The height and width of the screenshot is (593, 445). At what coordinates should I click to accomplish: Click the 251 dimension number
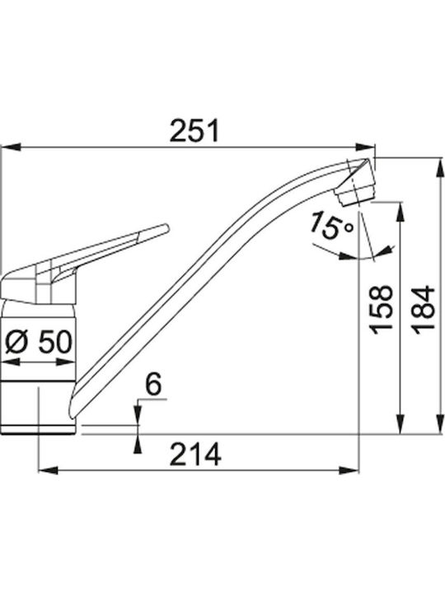pyautogui.click(x=194, y=130)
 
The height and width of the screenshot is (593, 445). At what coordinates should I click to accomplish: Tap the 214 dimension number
pyautogui.click(x=195, y=454)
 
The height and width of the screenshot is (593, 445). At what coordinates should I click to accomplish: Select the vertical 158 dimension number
pyautogui.click(x=382, y=310)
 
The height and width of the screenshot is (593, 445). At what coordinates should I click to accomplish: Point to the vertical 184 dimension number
pyautogui.click(x=424, y=310)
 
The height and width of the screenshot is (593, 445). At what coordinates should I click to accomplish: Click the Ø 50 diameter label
pyautogui.click(x=39, y=342)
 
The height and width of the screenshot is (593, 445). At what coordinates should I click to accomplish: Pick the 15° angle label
pyautogui.click(x=331, y=226)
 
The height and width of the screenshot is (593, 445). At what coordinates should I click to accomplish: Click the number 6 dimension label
pyautogui.click(x=153, y=385)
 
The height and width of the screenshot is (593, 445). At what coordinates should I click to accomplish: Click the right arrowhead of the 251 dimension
pyautogui.click(x=366, y=147)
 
